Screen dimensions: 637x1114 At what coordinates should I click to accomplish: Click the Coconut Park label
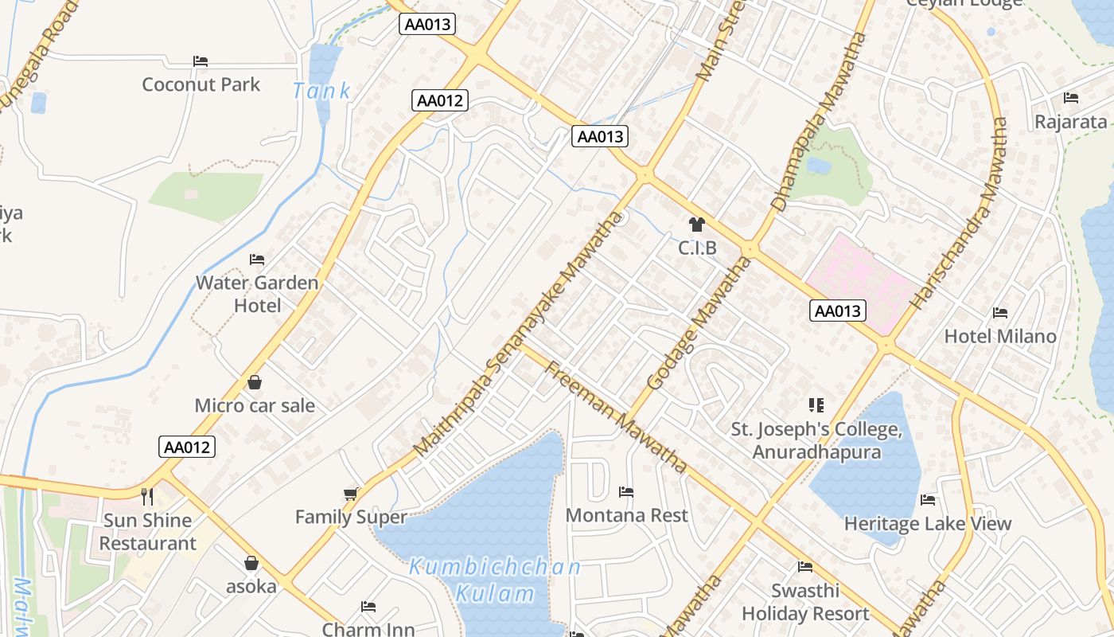point(201,84)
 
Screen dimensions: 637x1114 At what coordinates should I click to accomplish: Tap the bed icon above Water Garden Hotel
point(256,260)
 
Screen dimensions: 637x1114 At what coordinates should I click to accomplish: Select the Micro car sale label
point(255,405)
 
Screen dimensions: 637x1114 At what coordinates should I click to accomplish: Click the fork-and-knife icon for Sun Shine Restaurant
point(147,497)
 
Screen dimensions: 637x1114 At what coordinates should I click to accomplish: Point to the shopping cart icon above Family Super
point(351,494)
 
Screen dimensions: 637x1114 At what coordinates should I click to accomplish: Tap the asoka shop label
point(251,587)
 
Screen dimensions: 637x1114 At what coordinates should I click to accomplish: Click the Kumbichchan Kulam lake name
point(494,580)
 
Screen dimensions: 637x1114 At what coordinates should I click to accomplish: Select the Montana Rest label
point(626,515)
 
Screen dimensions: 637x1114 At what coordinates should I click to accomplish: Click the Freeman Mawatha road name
point(616,415)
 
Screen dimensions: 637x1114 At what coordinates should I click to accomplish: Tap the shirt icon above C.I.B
point(697,225)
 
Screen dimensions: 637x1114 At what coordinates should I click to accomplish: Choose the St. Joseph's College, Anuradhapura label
point(816,440)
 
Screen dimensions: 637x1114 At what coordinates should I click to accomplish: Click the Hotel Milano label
point(1000,336)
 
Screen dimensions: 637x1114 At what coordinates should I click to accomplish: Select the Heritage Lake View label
point(927,523)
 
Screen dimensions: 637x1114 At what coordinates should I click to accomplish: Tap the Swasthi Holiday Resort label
point(805,602)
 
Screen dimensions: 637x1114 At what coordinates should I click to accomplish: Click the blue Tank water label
point(321,91)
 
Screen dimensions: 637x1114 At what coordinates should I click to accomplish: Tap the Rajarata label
point(1070,122)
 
